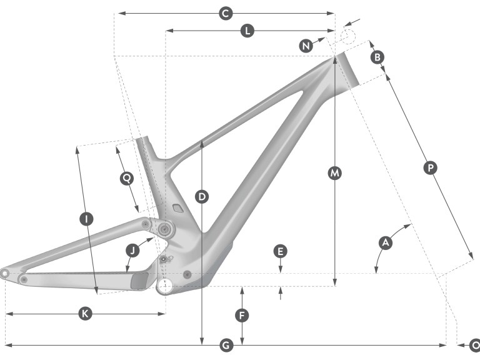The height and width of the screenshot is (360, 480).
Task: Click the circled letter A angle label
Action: [x=386, y=242]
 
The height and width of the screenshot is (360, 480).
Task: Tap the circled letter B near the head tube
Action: [x=377, y=57]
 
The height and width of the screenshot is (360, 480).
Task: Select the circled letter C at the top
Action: [x=226, y=12]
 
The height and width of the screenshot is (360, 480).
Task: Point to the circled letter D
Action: [x=201, y=197]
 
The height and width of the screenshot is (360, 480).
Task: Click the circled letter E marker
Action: [x=281, y=251]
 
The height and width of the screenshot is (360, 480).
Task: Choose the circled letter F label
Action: [x=242, y=314]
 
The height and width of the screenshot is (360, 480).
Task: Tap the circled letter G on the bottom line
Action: [x=227, y=344]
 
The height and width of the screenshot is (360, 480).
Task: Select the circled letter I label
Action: [x=86, y=218]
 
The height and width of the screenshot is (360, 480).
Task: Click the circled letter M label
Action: [x=335, y=172]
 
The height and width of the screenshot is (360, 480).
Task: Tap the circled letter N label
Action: [x=306, y=46]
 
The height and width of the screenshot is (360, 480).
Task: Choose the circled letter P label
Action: [x=429, y=167]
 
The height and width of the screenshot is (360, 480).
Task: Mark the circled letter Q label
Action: [x=127, y=178]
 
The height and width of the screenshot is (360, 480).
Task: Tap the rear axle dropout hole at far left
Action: [x=5, y=273]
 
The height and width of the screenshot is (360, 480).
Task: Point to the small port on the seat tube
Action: [x=176, y=208]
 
